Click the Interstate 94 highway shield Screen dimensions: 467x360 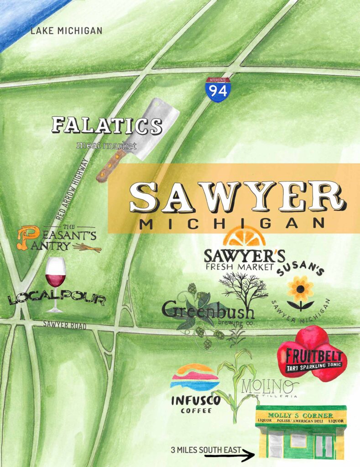tap(218, 89)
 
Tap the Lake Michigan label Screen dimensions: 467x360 tap(66, 31)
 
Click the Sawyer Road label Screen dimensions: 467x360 tap(64, 325)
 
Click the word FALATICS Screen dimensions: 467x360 tap(107, 126)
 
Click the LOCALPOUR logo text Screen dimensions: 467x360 tap(57, 300)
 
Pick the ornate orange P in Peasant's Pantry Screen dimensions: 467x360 tap(26, 238)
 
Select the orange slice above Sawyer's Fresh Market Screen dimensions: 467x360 tap(245, 238)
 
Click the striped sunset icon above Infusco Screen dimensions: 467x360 tap(195, 377)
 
